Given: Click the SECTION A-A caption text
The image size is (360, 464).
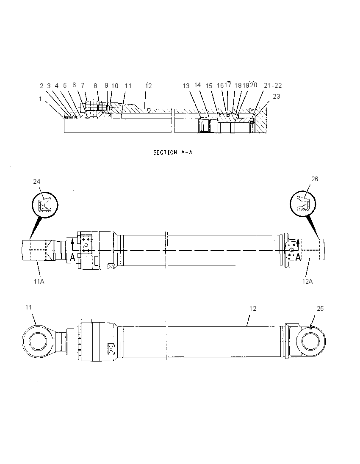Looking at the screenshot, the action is [x=173, y=152].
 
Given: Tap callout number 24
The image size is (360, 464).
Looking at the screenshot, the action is [x=37, y=181].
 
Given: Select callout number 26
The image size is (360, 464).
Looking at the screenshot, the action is [x=315, y=179].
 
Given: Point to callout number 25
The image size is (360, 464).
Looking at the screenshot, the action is [x=320, y=308].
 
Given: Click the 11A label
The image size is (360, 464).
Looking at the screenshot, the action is [x=39, y=281].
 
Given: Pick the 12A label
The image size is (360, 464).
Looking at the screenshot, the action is [x=307, y=281].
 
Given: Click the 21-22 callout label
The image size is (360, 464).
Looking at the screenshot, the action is [x=273, y=86].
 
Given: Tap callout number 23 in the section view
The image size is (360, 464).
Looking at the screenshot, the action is [x=276, y=97].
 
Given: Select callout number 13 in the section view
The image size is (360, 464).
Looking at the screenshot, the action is [x=186, y=86].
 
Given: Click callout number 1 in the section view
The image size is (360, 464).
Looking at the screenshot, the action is [x=41, y=99].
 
